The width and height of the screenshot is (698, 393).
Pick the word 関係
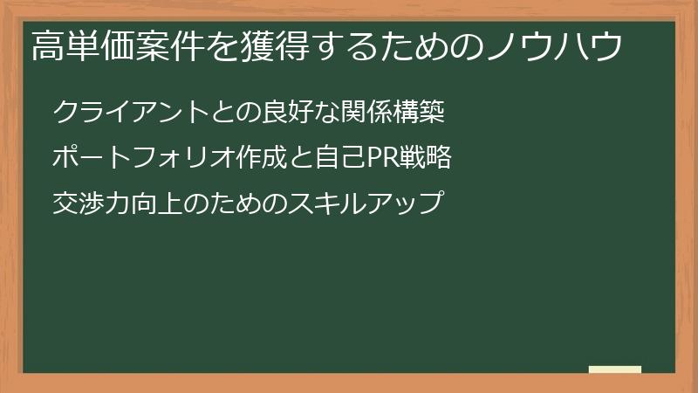click(367, 113)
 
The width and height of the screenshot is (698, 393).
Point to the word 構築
click(421, 113)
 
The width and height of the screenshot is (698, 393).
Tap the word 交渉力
click(92, 205)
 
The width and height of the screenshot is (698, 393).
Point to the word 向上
click(157, 205)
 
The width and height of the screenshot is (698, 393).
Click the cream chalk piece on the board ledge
click(615, 369)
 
